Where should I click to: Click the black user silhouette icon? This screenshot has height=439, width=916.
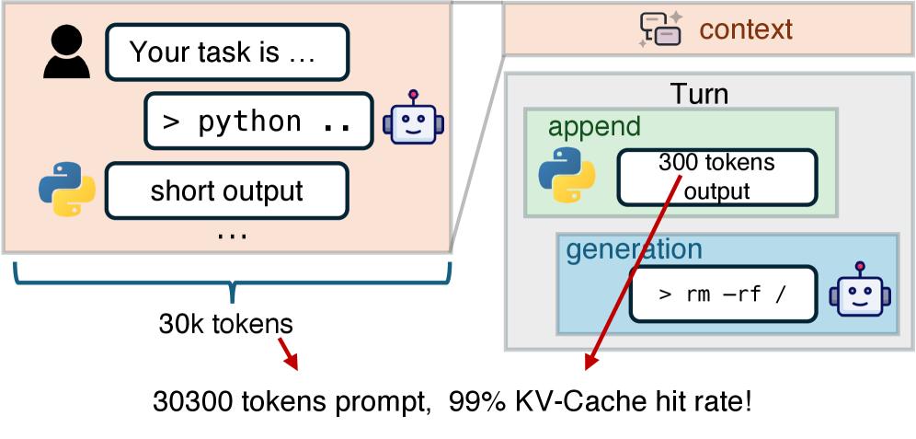(x=67, y=52)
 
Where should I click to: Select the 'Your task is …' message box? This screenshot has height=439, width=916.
(x=227, y=52)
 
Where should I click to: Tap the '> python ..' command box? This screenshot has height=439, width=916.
(x=258, y=121)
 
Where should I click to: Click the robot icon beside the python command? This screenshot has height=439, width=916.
(x=413, y=120)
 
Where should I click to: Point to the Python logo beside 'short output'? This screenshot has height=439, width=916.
(x=67, y=190)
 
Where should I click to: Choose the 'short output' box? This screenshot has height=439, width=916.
(x=227, y=191)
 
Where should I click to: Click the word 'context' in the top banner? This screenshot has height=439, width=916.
(x=745, y=29)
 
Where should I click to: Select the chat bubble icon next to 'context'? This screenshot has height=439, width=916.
(x=660, y=29)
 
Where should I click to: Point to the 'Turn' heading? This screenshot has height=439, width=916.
(x=699, y=94)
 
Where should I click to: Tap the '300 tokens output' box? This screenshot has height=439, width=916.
(x=716, y=177)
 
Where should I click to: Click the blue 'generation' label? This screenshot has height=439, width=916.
(x=634, y=249)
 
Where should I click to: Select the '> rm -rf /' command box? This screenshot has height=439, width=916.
(x=723, y=295)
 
